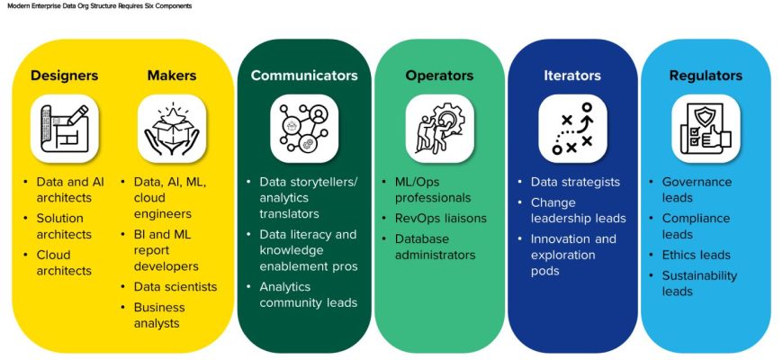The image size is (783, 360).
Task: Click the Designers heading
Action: tap(64, 76)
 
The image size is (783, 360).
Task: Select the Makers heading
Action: tap(172, 76)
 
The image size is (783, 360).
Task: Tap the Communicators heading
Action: tap(304, 76)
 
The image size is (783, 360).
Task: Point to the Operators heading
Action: tap(438, 76)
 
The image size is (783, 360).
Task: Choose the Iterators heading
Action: tap(572, 76)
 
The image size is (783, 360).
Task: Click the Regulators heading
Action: tap(706, 76)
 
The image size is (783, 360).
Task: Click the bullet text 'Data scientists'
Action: tap(175, 286)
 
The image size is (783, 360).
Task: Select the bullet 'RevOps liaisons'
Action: tap(441, 218)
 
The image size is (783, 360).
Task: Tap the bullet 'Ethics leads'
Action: tap(697, 255)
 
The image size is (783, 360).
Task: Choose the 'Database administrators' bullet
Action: tap(435, 247)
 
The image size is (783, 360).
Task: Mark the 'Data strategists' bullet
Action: tap(575, 182)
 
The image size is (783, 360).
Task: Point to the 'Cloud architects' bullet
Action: tap(64, 262)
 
